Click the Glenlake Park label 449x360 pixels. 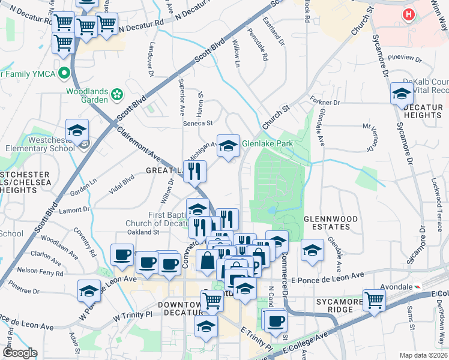(267, 144)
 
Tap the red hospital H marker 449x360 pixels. (410, 14)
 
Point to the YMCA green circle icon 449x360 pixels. (63, 74)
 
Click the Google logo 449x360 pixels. (19, 353)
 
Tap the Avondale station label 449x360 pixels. (390, 287)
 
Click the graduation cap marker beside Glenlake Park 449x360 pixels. (228, 145)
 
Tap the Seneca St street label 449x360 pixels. (198, 123)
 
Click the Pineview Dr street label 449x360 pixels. (405, 58)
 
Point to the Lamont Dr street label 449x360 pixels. (74, 209)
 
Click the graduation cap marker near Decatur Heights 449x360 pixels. (402, 94)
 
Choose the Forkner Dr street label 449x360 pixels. (324, 101)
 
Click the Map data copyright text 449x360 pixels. (423, 355)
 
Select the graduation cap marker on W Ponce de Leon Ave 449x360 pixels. (89, 291)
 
